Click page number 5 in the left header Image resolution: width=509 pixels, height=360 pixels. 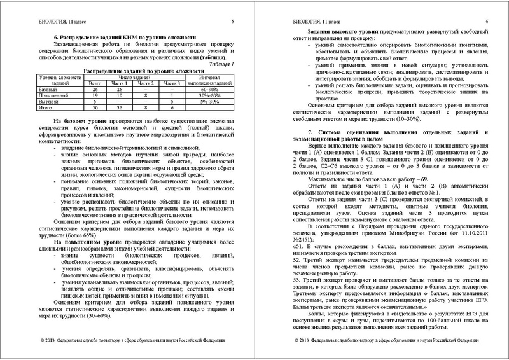coord(232,22)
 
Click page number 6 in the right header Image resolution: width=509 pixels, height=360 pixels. coord(485,22)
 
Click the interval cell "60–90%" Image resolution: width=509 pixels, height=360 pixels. coord(211,90)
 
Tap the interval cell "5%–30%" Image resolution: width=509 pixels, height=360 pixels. coord(211,102)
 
